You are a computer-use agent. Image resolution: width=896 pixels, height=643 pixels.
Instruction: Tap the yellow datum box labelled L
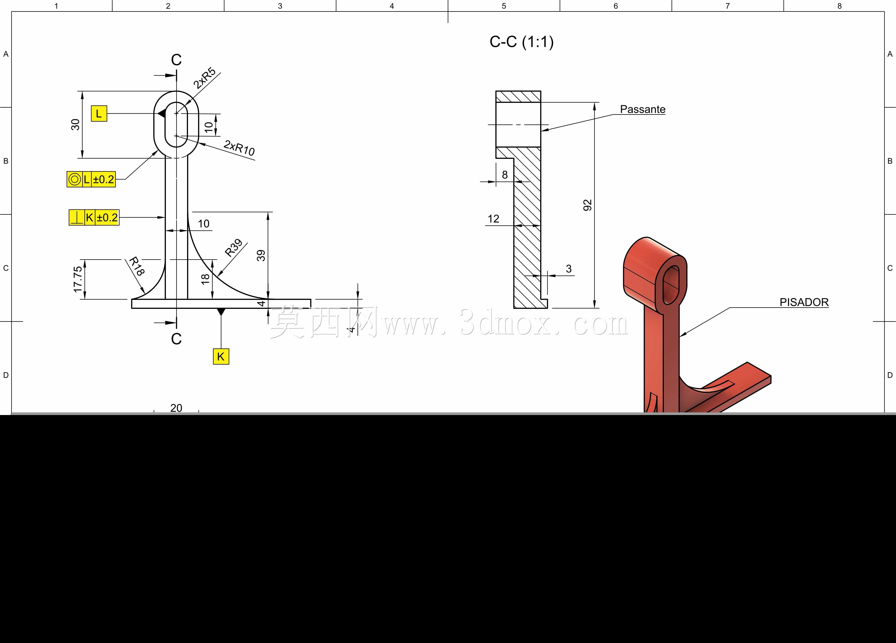point(99,114)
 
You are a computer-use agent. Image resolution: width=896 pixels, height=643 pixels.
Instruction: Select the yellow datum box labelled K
point(221,356)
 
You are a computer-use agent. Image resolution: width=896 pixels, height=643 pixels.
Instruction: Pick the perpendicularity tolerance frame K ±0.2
point(94,217)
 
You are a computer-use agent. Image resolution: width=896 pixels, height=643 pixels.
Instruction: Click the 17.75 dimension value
point(78,279)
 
